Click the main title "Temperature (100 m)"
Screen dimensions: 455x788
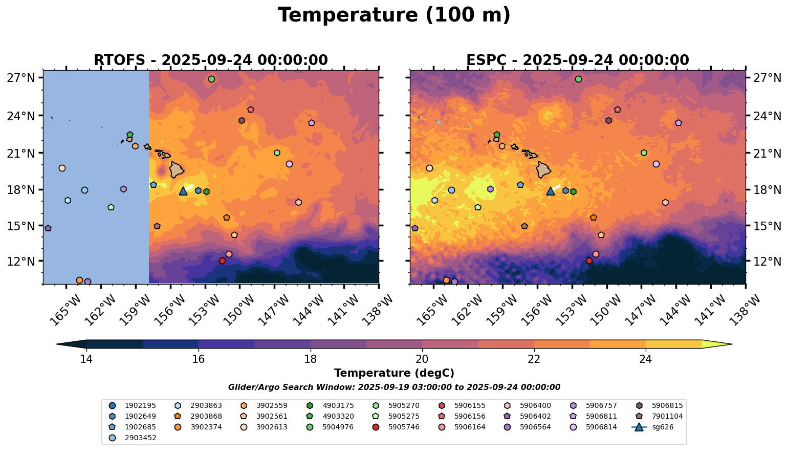(x=394, y=15)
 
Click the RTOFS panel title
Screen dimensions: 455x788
(x=210, y=60)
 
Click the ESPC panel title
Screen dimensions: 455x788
(x=578, y=60)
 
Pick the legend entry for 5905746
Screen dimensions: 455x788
(x=404, y=427)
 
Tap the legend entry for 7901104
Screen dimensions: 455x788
(x=667, y=416)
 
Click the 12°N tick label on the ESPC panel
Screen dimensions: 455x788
(x=768, y=261)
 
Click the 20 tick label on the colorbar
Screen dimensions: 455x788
(x=422, y=359)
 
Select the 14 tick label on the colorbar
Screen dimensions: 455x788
(x=86, y=359)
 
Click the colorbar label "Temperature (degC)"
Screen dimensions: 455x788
(x=394, y=373)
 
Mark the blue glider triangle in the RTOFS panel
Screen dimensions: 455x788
(x=183, y=191)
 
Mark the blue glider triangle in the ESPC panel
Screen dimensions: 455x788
(x=551, y=191)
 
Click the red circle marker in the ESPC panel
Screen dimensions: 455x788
(x=589, y=261)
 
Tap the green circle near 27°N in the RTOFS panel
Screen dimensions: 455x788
(x=211, y=79)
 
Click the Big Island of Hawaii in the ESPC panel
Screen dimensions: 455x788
(x=544, y=169)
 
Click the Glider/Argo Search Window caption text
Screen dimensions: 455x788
(x=394, y=387)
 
